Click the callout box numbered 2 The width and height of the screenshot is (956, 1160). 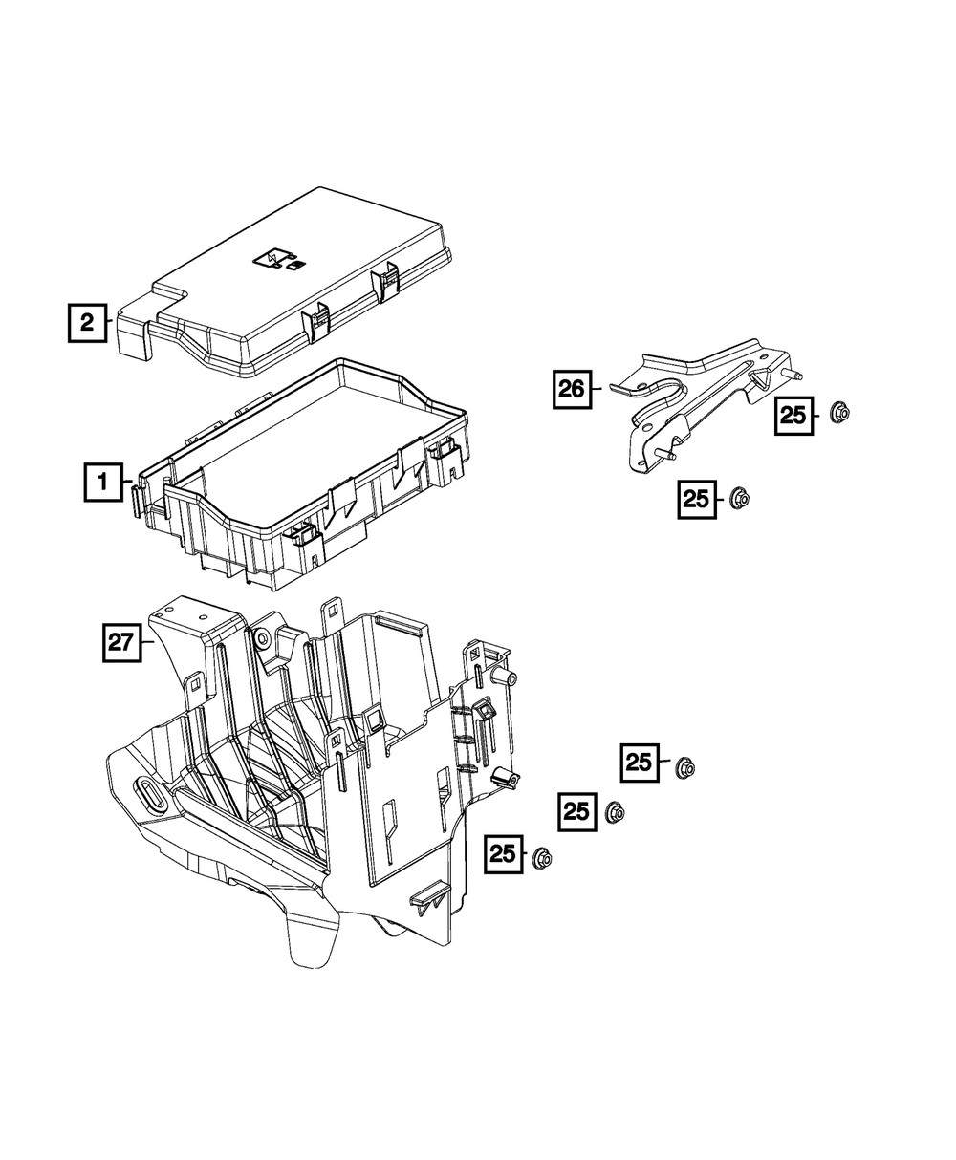pyautogui.click(x=87, y=322)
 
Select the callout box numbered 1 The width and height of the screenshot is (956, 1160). pyautogui.click(x=103, y=482)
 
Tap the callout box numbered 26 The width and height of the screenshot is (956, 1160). pyautogui.click(x=572, y=390)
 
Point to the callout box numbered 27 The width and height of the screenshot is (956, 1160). pyautogui.click(x=122, y=643)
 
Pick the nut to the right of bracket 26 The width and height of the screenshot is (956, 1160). pyautogui.click(x=839, y=413)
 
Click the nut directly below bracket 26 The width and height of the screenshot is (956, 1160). pyautogui.click(x=739, y=497)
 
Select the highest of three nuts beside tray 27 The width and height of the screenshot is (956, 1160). pyautogui.click(x=684, y=768)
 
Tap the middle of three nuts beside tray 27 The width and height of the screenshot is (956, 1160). pyautogui.click(x=614, y=813)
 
